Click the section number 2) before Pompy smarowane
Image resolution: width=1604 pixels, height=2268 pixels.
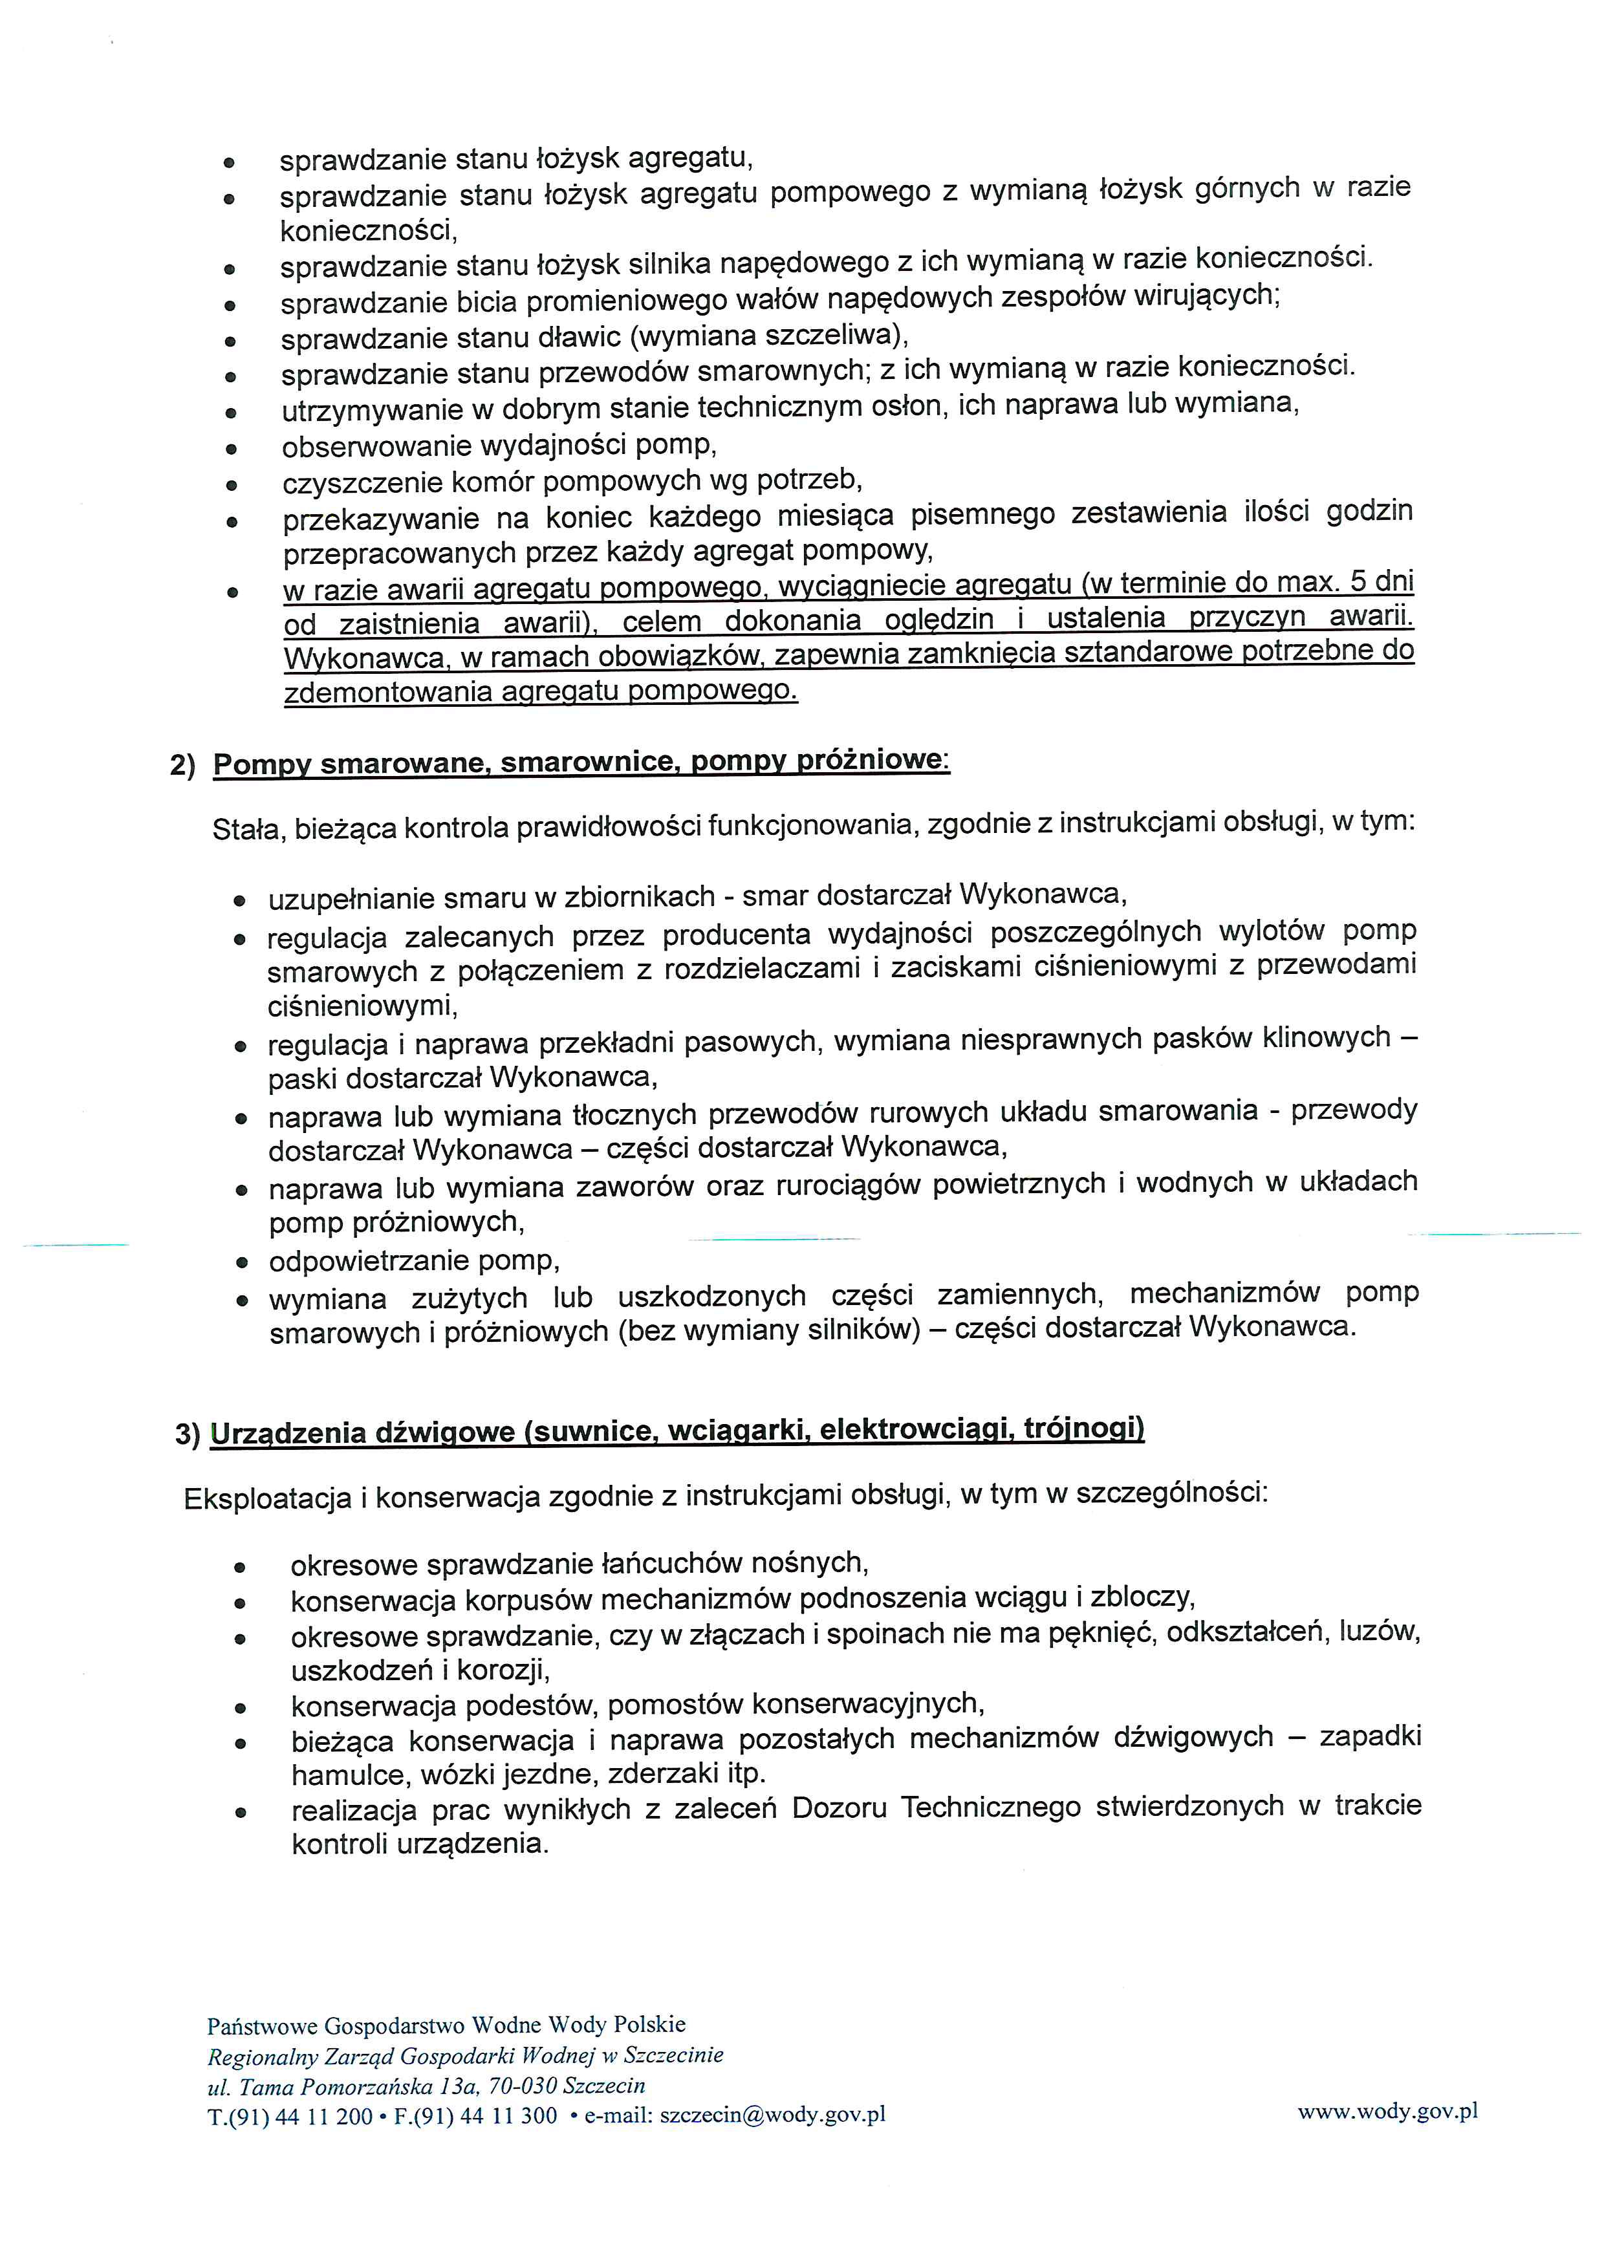[x=183, y=766]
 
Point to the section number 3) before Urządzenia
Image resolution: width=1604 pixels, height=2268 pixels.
[x=188, y=1434]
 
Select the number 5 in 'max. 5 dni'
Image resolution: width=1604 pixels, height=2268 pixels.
[x=1358, y=582]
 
